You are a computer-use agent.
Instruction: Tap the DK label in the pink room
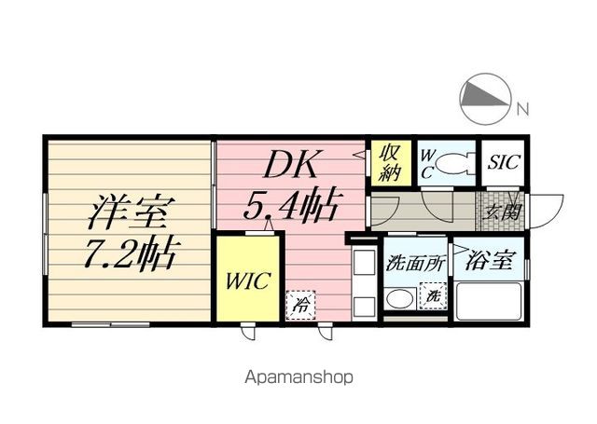[291, 164]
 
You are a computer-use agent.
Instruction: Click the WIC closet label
[248, 281]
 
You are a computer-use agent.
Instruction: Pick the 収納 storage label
[390, 162]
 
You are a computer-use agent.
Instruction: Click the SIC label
[504, 162]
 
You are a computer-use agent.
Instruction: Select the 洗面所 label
[415, 263]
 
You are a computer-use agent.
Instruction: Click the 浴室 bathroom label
[489, 261]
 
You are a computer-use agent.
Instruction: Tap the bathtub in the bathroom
[489, 302]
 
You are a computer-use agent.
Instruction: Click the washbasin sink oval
[400, 299]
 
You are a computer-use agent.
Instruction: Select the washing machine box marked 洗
[433, 295]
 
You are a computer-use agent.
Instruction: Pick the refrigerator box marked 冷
[300, 304]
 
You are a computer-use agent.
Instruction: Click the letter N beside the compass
[523, 110]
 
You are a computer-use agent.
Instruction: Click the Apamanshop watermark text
[298, 377]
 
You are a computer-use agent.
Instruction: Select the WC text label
[427, 164]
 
